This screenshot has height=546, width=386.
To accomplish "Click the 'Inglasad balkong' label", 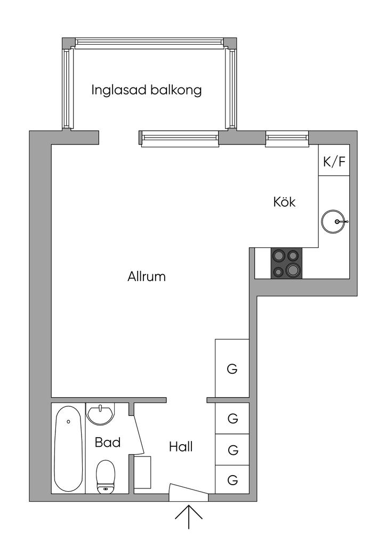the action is tap(147, 90).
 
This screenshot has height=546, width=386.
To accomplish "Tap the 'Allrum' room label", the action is tap(147, 277).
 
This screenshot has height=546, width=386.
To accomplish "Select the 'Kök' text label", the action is tap(284, 202).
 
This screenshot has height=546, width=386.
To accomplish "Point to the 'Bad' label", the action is tap(108, 442).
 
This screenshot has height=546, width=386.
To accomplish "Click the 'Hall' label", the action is tap(181, 447).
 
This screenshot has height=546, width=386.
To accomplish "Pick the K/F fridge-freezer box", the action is tap(334, 160).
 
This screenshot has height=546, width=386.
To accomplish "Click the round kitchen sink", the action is tap(333, 221).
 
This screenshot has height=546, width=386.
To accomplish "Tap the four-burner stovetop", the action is tap(286, 263).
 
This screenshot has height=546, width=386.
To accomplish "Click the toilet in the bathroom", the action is tap(106, 477).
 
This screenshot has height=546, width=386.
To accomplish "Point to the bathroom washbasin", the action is tap(100, 414).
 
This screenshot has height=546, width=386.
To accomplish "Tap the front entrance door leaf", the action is tap(188, 489).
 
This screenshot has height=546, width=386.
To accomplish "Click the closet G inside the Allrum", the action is tap(232, 368).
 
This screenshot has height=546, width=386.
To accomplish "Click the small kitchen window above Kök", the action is tap(287, 138).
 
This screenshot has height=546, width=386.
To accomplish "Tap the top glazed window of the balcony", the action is tap(149, 42).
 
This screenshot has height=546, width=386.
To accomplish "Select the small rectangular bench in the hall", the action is tap(142, 472).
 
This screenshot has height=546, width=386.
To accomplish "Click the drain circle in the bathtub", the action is tap(68, 421).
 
